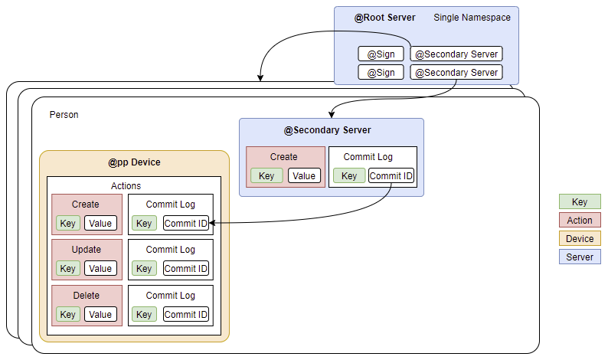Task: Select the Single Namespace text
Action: tap(472, 18)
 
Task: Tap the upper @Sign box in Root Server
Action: tap(381, 54)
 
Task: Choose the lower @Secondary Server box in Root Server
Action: tap(456, 73)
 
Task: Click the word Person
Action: tap(64, 115)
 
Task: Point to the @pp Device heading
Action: tap(134, 163)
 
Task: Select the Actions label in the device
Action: tap(126, 185)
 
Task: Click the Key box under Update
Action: tap(67, 269)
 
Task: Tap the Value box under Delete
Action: tap(100, 315)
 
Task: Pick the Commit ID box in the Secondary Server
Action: tap(391, 176)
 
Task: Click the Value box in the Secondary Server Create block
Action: tap(304, 176)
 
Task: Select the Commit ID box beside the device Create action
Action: tap(185, 223)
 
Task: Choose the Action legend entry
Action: tap(580, 221)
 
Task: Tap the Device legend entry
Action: tap(580, 239)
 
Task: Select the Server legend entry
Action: tap(580, 257)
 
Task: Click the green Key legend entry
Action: tap(580, 202)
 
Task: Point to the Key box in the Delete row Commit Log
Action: tap(144, 315)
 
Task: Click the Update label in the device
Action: tap(86, 250)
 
